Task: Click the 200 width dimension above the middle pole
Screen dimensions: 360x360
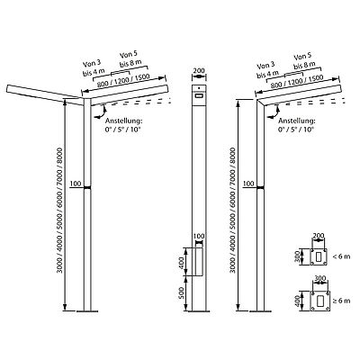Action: click(199, 71)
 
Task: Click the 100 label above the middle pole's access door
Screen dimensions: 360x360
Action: click(199, 236)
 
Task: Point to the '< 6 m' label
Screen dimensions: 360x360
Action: click(341, 256)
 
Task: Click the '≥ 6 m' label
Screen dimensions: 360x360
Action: click(341, 301)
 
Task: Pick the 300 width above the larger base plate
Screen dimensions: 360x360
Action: click(320, 278)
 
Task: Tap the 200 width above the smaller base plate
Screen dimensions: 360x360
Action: click(318, 235)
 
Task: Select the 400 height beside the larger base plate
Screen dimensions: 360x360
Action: click(297, 301)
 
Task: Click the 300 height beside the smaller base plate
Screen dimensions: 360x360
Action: click(297, 256)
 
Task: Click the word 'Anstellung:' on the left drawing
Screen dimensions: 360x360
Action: click(123, 121)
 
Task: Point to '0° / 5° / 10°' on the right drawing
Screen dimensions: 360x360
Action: click(296, 130)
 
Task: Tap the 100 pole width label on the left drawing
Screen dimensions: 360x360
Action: click(76, 184)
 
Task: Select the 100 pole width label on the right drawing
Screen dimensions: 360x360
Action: click(248, 184)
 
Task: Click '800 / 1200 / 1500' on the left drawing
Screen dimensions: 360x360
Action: click(123, 81)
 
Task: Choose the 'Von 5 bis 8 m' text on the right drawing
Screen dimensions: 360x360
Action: click(303, 61)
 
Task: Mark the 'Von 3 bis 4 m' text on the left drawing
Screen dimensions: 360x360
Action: click(94, 67)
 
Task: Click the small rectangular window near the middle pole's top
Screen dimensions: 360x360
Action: click(199, 95)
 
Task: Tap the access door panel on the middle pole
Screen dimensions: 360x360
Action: click(198, 261)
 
